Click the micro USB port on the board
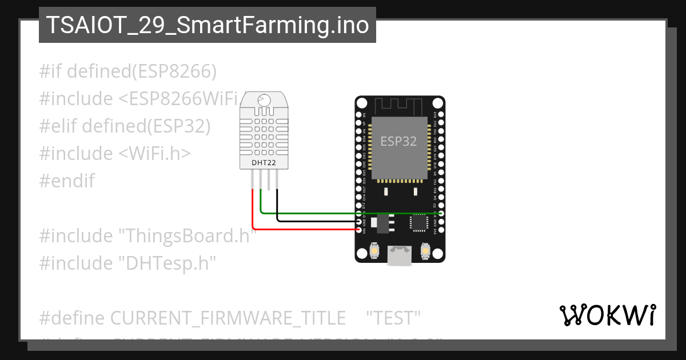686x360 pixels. [x=398, y=255]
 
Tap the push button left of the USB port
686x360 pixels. [x=374, y=250]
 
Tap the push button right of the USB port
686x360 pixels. [x=425, y=250]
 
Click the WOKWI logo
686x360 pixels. [x=607, y=315]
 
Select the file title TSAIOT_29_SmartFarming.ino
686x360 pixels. [x=207, y=25]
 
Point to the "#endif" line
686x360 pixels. [x=67, y=181]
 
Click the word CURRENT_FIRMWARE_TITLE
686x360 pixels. [x=228, y=318]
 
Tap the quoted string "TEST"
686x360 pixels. [x=393, y=318]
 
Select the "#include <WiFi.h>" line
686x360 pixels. [x=115, y=154]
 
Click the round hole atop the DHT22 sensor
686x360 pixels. [x=264, y=99]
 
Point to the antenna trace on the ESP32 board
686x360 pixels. [x=398, y=105]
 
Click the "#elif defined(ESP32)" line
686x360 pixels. [x=125, y=126]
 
